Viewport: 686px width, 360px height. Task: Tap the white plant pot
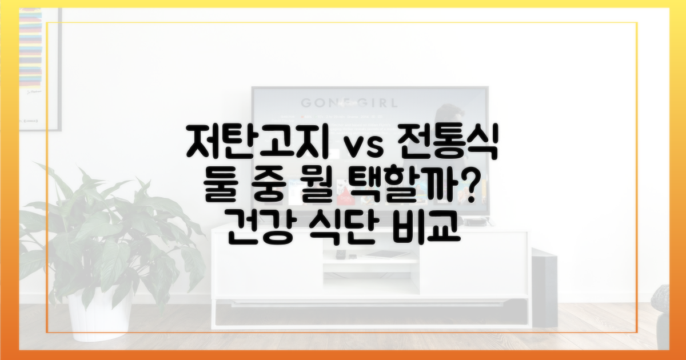[x=94, y=314]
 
